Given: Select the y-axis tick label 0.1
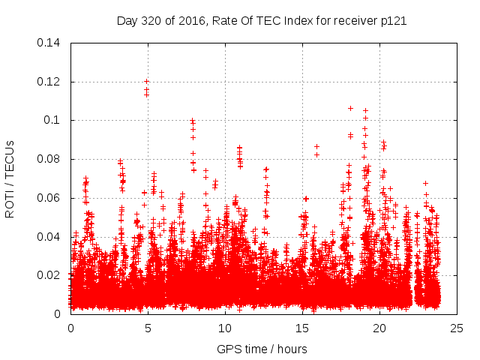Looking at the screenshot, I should tap(55, 120).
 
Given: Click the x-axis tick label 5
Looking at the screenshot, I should tap(148, 328).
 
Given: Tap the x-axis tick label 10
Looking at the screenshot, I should tap(225, 328).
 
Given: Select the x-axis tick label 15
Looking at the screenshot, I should tap(302, 328).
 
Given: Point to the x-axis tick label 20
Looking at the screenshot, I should tap(379, 328).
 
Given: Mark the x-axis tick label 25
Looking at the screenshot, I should tap(457, 328).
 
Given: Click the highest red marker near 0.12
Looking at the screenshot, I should tap(147, 81).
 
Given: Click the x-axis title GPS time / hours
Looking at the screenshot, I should tap(262, 349).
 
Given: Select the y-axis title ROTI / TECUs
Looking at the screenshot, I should tap(10, 178).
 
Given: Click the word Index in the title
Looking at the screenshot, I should tap(299, 21).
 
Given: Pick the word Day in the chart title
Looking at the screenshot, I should tap(127, 21).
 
